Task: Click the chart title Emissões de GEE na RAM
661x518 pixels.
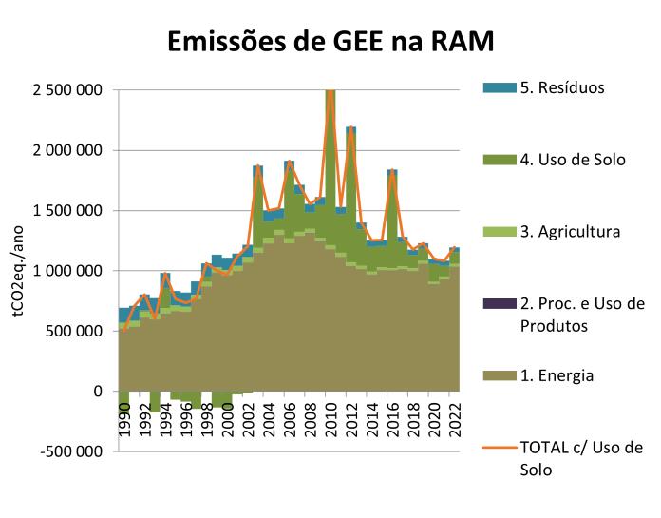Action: (331, 42)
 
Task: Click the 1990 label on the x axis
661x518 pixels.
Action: (124, 424)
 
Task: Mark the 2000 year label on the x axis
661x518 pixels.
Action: (227, 424)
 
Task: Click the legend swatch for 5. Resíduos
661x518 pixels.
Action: (498, 88)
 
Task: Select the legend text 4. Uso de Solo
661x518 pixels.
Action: (572, 160)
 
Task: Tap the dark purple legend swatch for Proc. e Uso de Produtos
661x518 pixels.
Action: (498, 303)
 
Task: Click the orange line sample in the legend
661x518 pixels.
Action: (498, 448)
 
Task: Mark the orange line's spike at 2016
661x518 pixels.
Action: (392, 173)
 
